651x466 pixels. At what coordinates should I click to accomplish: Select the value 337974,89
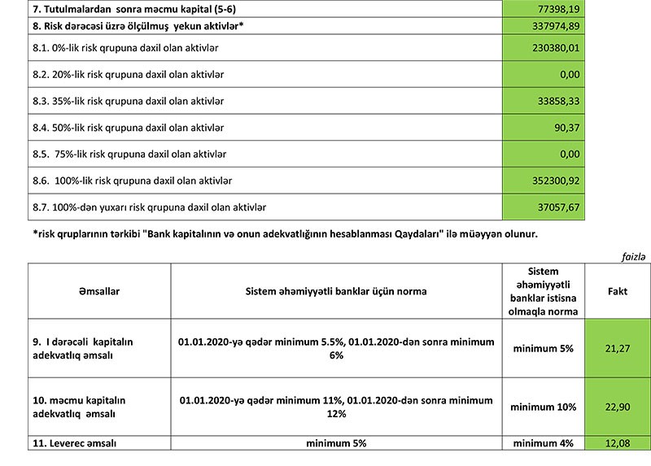click(x=554, y=26)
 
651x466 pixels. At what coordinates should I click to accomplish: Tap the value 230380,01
click(x=554, y=49)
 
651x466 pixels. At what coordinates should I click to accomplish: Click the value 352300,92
click(x=554, y=181)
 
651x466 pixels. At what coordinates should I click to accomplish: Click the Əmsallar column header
click(x=98, y=290)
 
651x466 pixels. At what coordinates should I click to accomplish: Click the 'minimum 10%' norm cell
click(x=544, y=407)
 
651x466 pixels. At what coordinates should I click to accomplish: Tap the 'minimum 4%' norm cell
click(x=544, y=443)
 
